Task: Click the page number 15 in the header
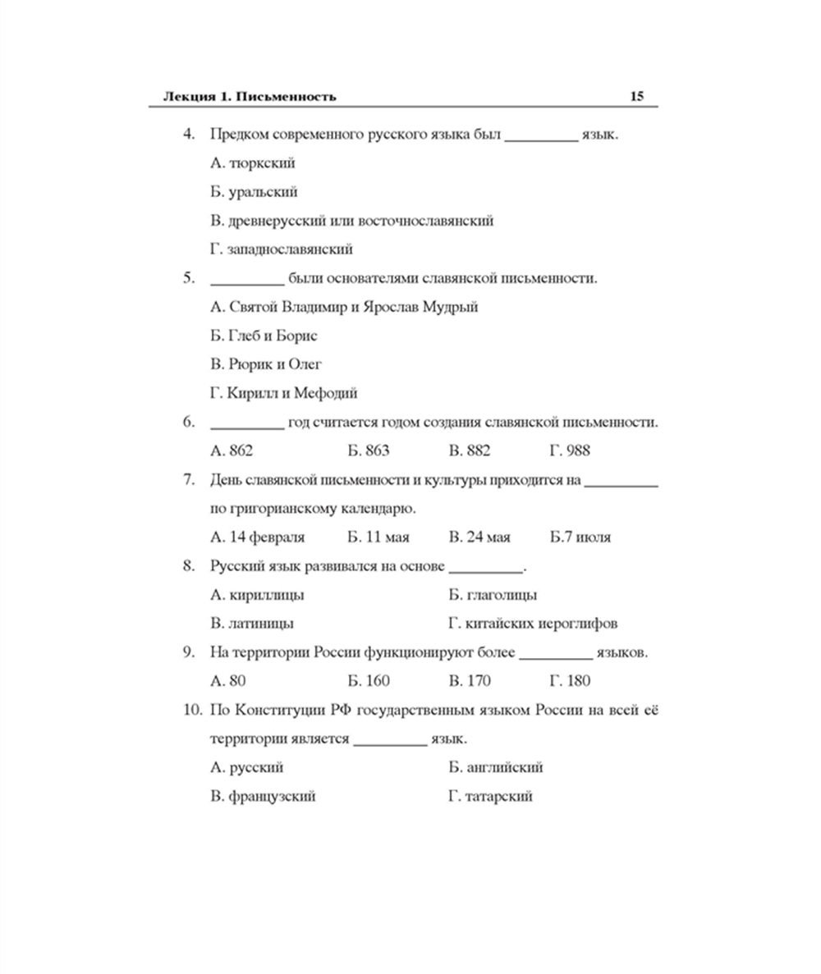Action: (x=636, y=96)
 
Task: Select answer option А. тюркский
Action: (x=252, y=163)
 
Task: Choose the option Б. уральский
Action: (x=254, y=192)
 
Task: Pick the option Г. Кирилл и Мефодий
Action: (x=283, y=393)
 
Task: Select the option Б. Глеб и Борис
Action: (x=264, y=336)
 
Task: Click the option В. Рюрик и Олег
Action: (x=266, y=364)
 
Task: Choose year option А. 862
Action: (x=232, y=450)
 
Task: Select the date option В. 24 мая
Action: (x=479, y=537)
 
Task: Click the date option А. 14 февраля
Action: (x=257, y=537)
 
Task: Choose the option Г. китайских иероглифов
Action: (x=533, y=624)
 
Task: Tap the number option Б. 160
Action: (x=369, y=681)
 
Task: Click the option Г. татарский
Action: (x=490, y=796)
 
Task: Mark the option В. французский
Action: (x=263, y=796)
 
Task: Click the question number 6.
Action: (x=188, y=423)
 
